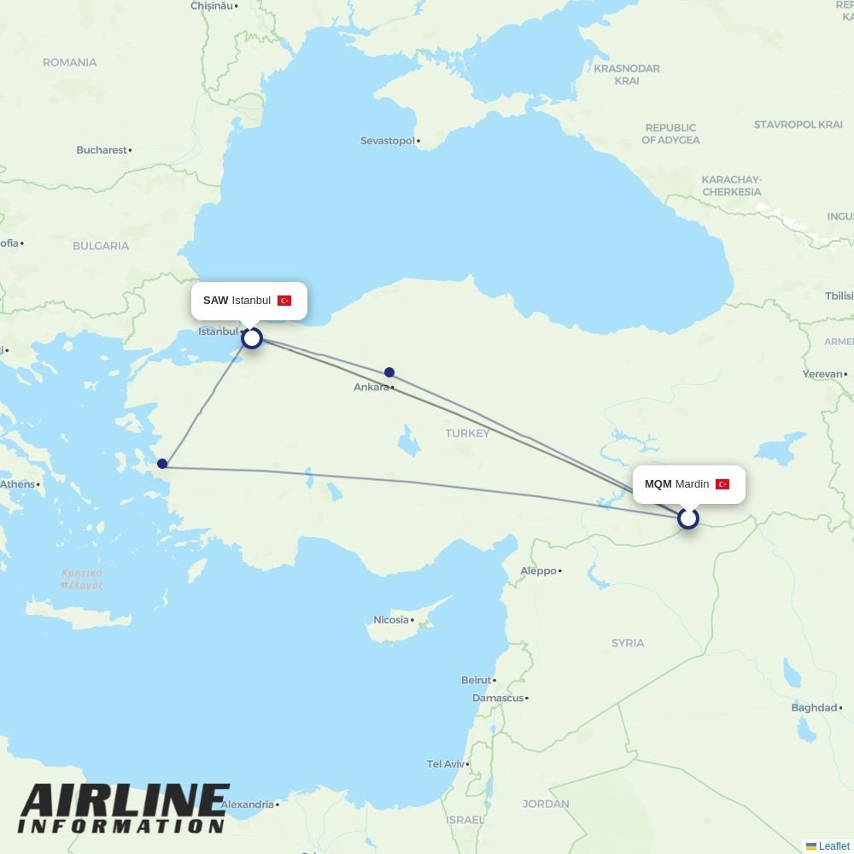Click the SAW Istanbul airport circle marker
[251, 338]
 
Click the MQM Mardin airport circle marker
[687, 518]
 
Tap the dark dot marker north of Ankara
[389, 372]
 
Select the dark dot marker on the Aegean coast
[162, 464]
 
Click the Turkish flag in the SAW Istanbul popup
[284, 301]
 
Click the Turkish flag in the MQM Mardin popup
[722, 484]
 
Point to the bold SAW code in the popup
[216, 301]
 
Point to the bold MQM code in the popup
[658, 484]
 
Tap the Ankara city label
[371, 387]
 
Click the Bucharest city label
[102, 149]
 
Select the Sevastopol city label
[388, 140]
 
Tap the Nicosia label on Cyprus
[391, 620]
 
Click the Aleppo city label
[538, 570]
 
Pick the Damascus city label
[498, 698]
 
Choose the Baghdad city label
[814, 707]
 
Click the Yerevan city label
[822, 374]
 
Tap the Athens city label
[17, 484]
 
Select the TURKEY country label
[467, 433]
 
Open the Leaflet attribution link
[834, 846]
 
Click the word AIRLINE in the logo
[125, 801]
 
